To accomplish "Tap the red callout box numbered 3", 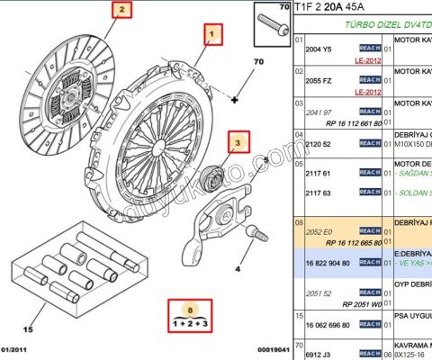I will [238, 142].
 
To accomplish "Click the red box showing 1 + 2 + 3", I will [190, 314].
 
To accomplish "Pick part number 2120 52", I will [319, 143].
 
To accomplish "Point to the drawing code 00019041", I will [272, 350].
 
